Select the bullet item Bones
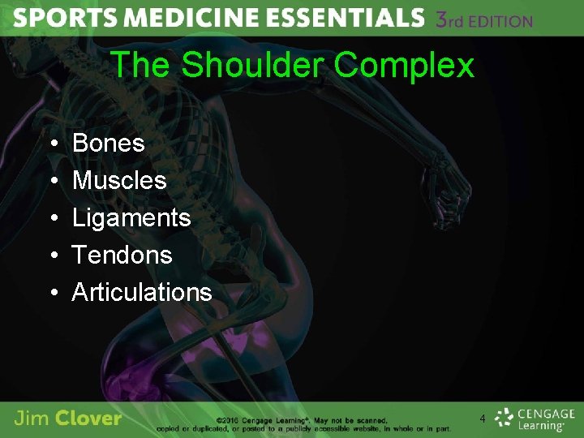(108, 144)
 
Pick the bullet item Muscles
(119, 180)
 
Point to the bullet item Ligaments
(131, 217)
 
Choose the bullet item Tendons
(122, 255)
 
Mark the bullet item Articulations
(142, 292)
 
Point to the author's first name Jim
(32, 419)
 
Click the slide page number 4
(483, 419)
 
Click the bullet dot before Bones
(52, 144)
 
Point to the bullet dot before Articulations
(52, 293)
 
